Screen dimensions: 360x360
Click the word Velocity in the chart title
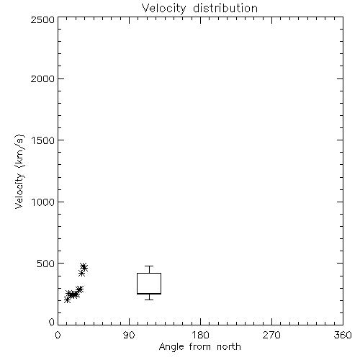coord(163,9)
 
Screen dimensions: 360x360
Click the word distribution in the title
coord(225,8)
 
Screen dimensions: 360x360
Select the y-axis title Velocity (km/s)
coord(19,171)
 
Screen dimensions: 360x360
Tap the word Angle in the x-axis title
coord(171,347)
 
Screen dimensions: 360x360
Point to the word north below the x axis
coord(229,346)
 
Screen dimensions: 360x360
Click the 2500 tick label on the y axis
coord(42,19)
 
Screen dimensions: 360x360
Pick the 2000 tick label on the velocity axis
coord(42,79)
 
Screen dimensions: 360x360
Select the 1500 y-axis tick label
coord(43,140)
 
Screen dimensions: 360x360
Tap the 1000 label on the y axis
coord(43,202)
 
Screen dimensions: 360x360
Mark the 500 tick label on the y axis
coord(46,264)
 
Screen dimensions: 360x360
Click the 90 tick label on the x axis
coord(129,336)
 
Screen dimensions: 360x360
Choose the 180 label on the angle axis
coord(200,336)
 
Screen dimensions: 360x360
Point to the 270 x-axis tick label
coord(271,336)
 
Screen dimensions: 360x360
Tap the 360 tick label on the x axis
coord(343,336)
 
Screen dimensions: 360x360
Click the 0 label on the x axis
coord(58,336)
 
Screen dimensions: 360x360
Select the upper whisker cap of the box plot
coord(149,266)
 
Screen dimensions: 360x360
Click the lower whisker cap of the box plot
coord(149,300)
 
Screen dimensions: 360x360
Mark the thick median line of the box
coord(149,294)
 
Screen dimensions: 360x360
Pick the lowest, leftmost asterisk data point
coord(68,300)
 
